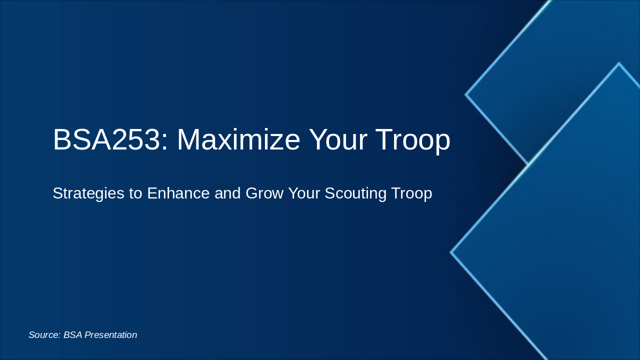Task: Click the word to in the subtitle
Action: pyautogui.click(x=135, y=193)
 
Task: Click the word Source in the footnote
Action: pyautogui.click(x=43, y=335)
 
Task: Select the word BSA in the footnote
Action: pyautogui.click(x=72, y=335)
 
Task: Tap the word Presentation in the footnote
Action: pyautogui.click(x=110, y=335)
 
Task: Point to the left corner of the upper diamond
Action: pyautogui.click(x=466, y=94)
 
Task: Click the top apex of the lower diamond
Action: pyautogui.click(x=619, y=63)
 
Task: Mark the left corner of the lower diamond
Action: pyautogui.click(x=451, y=252)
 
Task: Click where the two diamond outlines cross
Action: pyautogui.click(x=528, y=164)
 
